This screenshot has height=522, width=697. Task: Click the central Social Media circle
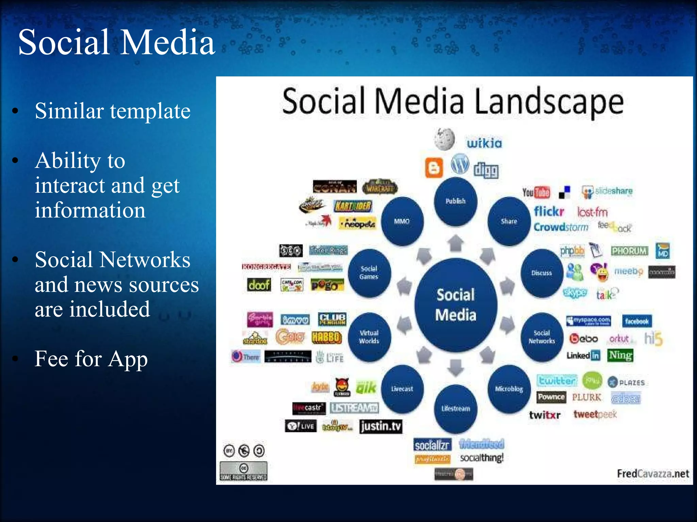pos(455,305)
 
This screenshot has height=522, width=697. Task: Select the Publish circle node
pos(455,201)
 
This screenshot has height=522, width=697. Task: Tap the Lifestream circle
pos(455,408)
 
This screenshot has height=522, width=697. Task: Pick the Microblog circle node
pos(509,389)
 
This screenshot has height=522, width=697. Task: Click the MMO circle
pos(402,221)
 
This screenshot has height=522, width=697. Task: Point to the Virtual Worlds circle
pos(369,337)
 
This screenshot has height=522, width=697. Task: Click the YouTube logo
pos(536,193)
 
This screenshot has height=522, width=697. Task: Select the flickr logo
pos(549,211)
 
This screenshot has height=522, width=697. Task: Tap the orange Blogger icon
pos(434,168)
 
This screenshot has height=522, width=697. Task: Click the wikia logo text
pos(484,143)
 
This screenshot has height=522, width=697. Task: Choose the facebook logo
pos(636,321)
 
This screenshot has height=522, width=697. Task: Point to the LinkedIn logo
pos(583,355)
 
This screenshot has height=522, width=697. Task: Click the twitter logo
pos(556,381)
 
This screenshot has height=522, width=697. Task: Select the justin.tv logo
pos(380,426)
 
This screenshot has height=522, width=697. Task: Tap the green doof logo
pos(259,285)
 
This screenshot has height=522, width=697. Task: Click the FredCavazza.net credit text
pos(652,473)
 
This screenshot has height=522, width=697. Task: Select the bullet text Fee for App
pos(91,359)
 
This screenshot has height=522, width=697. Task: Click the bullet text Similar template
pos(112,111)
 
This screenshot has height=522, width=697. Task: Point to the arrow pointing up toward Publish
pos(455,243)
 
